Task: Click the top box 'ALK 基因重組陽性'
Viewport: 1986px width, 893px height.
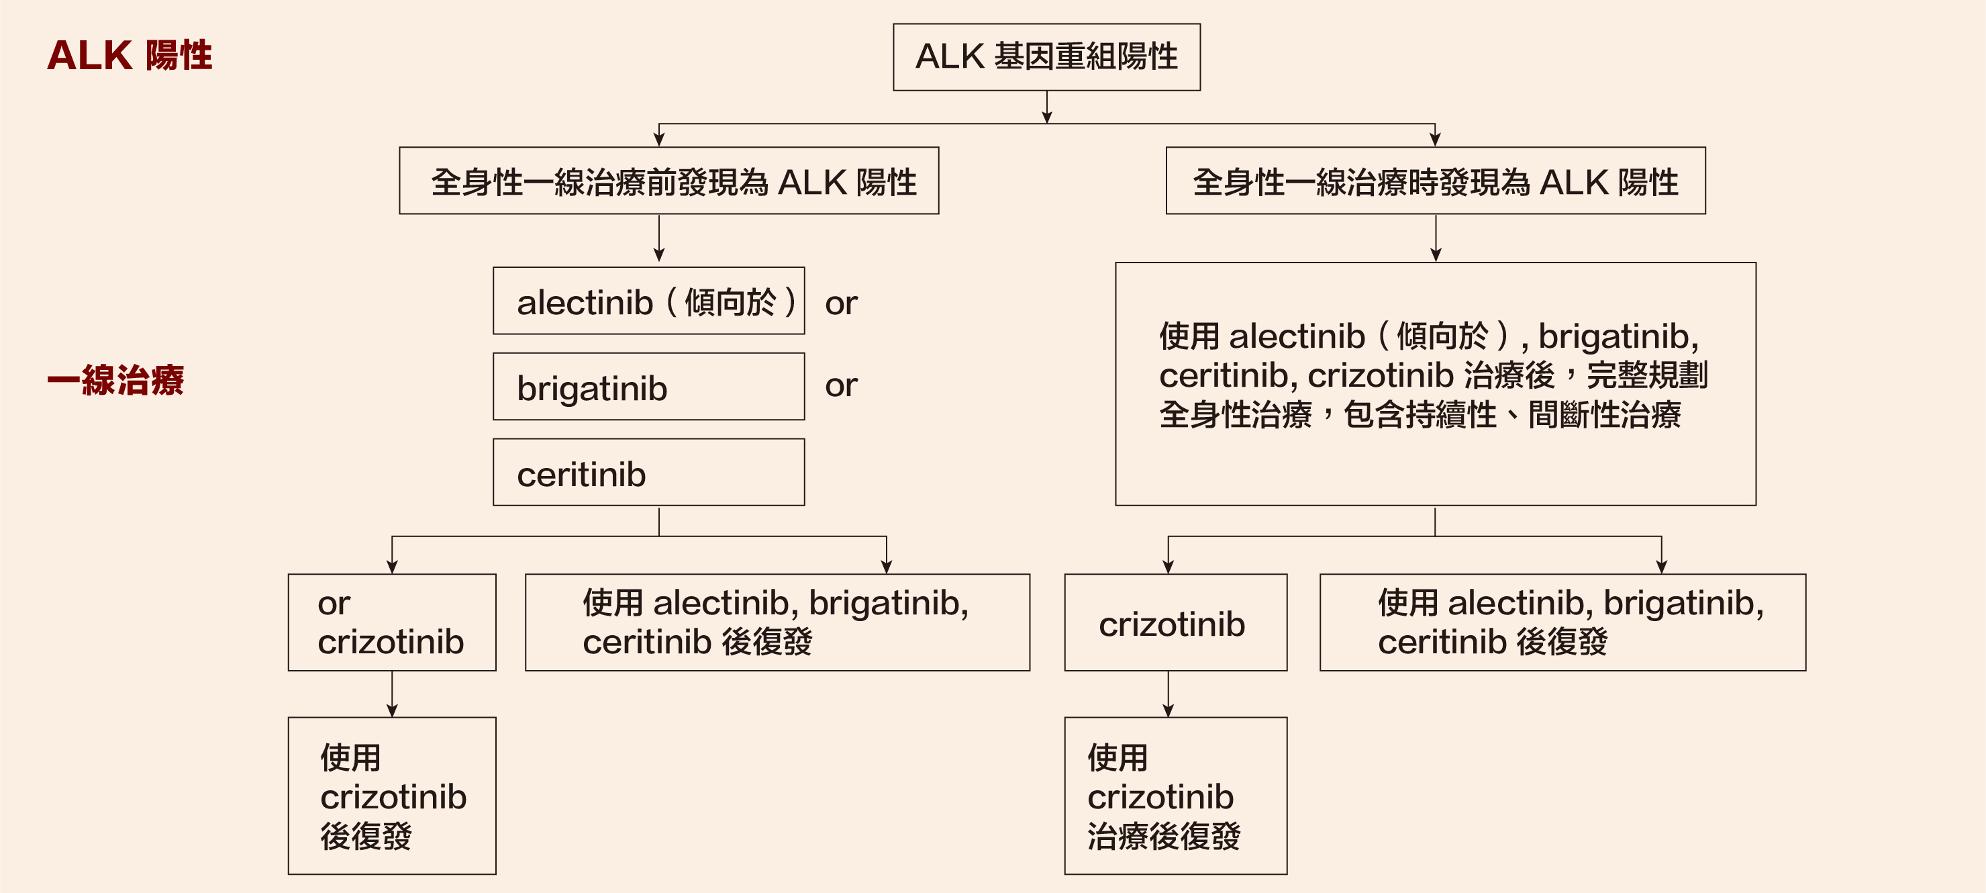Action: click(x=1046, y=57)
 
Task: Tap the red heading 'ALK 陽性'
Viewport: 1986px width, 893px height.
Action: click(x=130, y=56)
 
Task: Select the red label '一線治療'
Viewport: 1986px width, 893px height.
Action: click(x=115, y=380)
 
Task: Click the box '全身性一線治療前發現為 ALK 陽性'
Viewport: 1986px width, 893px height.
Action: click(x=668, y=181)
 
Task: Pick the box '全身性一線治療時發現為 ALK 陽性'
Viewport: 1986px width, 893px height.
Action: click(x=1436, y=181)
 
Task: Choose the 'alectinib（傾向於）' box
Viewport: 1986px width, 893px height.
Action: click(x=648, y=301)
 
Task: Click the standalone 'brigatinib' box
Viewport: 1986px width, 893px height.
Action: click(x=648, y=386)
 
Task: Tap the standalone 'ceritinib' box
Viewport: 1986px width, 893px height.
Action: click(x=648, y=472)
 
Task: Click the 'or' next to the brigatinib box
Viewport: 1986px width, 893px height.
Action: click(x=841, y=385)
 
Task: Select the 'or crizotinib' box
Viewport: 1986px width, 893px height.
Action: click(x=392, y=622)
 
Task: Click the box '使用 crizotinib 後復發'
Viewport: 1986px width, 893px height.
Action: click(x=392, y=796)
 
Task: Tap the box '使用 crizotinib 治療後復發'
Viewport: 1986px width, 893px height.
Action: click(x=1176, y=796)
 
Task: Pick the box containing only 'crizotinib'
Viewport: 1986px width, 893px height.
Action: click(x=1176, y=622)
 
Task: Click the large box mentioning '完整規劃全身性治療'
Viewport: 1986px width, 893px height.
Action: click(x=1436, y=384)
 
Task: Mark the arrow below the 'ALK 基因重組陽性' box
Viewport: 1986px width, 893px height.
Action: click(x=1047, y=107)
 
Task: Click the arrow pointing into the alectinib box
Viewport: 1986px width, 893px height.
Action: click(x=659, y=238)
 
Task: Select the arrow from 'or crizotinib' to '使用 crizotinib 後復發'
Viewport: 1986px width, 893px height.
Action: click(x=392, y=694)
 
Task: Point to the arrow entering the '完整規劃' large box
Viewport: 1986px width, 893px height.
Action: click(x=1436, y=238)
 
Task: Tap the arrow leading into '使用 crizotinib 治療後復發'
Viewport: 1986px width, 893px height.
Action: click(x=1168, y=694)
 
